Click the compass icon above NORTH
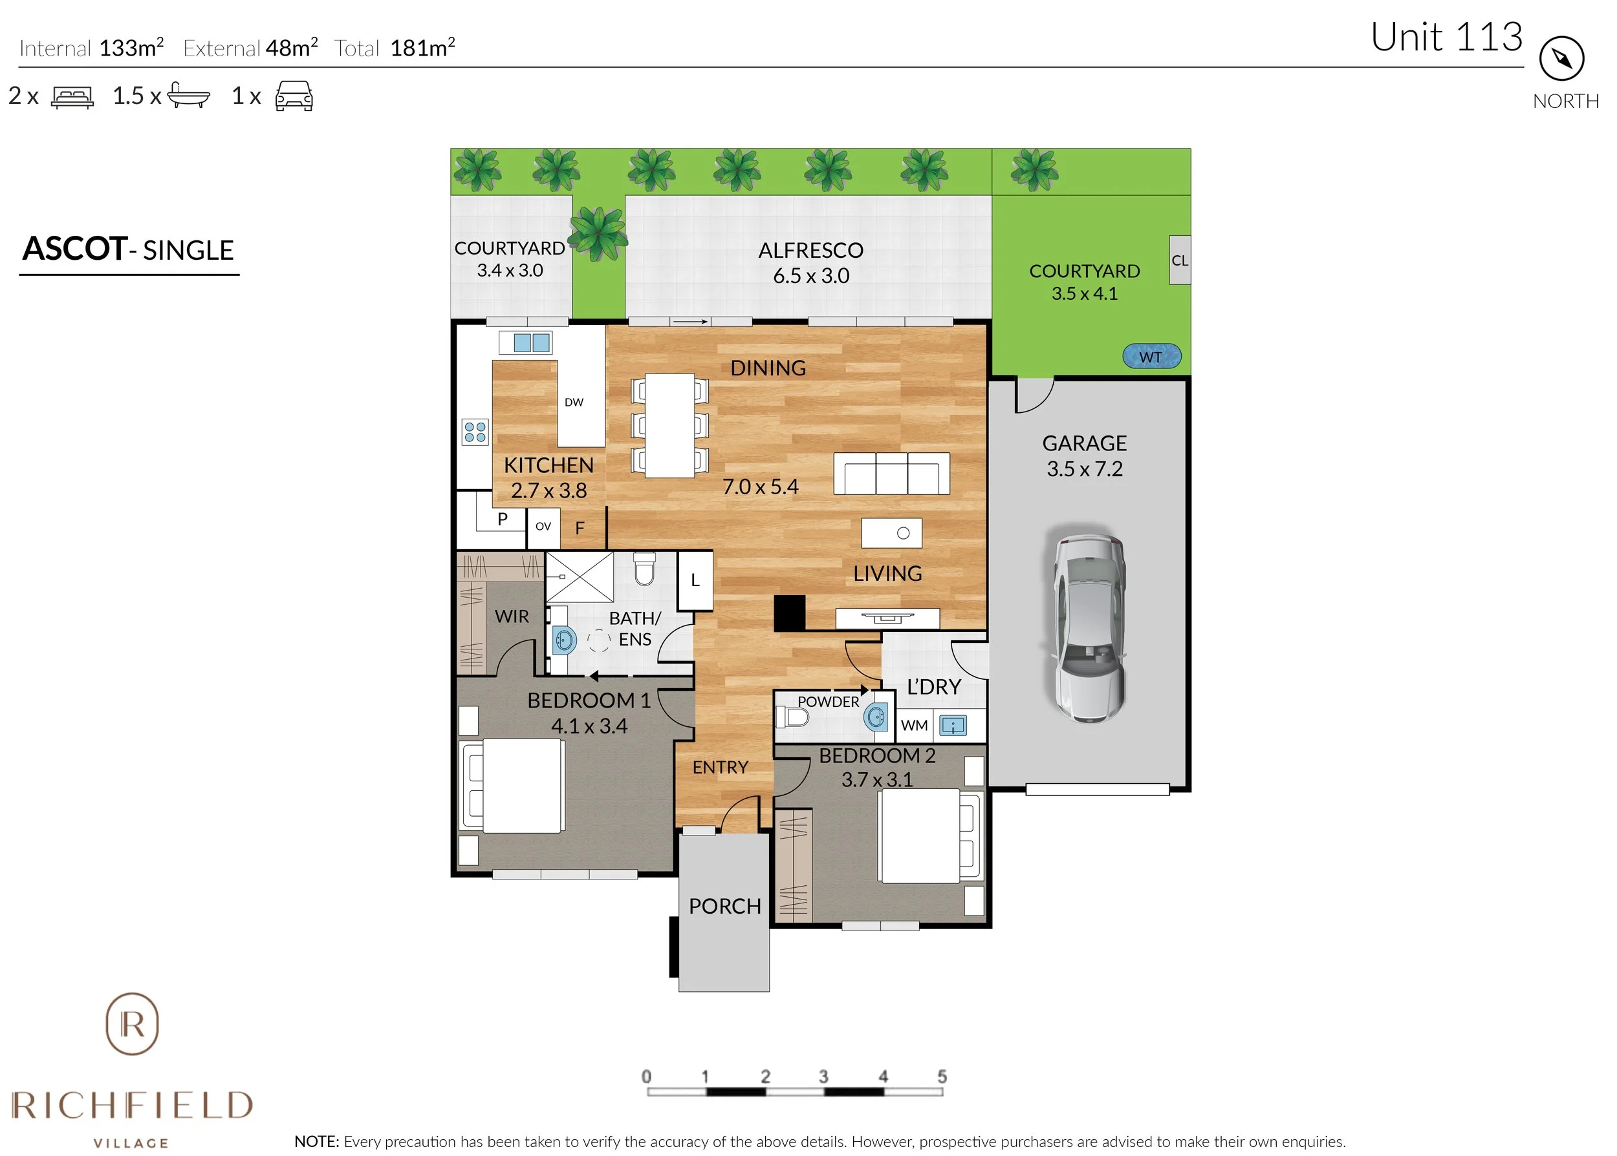[1561, 58]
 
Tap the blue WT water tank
[1151, 357]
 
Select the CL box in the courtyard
[1179, 260]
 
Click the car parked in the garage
[1088, 626]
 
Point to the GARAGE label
[1084, 443]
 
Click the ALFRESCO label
[810, 251]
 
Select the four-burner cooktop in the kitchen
[475, 432]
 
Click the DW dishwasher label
[574, 402]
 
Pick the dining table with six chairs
[669, 425]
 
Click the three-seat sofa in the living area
[891, 474]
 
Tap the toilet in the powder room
[793, 716]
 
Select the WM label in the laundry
[914, 726]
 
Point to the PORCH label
[724, 906]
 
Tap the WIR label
[512, 616]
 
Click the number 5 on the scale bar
[942, 1077]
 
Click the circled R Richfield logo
[133, 1024]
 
